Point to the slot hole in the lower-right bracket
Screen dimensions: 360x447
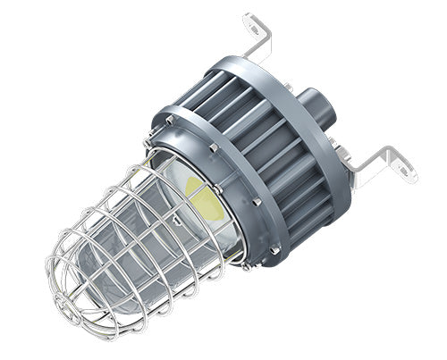[x=403, y=167]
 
